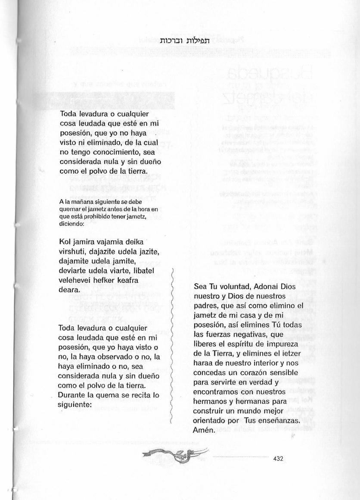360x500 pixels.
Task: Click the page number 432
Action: [278, 459]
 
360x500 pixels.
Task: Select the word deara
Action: [69, 290]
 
